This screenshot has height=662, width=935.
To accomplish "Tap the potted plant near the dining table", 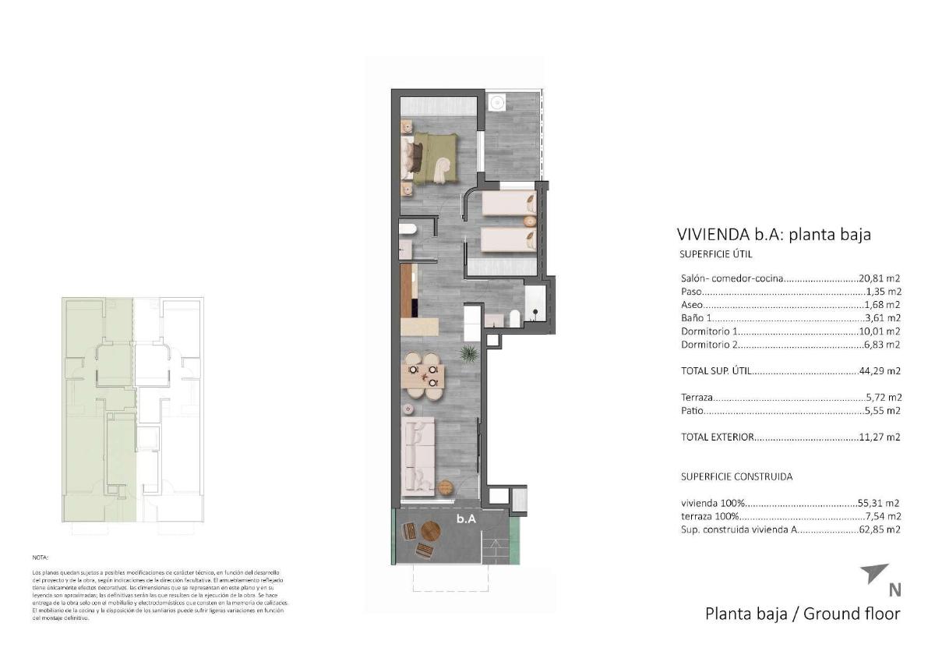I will click(x=469, y=355).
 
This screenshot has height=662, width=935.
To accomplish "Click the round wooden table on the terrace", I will click(x=431, y=532).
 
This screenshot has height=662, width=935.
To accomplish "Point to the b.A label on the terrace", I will click(x=467, y=518).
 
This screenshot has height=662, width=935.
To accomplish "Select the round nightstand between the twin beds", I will click(x=531, y=219).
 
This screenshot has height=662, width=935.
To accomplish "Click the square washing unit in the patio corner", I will click(x=496, y=101).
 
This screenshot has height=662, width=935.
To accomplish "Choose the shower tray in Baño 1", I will click(x=536, y=304).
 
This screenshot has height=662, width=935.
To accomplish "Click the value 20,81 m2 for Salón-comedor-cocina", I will click(x=879, y=278).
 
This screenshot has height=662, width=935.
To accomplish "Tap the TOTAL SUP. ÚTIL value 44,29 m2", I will click(x=879, y=371).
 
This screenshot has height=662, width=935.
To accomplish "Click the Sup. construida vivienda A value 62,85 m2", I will click(x=879, y=529).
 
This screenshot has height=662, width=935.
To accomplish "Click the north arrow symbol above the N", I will click(x=873, y=574).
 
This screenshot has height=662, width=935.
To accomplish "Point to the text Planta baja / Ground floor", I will click(x=802, y=614).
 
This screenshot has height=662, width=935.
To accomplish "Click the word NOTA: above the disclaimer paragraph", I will click(x=41, y=558).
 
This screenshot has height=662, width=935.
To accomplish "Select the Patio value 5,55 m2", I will click(x=882, y=410).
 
